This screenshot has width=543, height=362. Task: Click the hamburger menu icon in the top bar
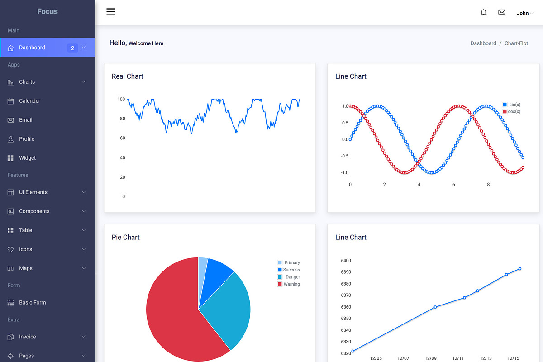(111, 12)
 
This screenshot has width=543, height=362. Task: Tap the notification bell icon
(483, 13)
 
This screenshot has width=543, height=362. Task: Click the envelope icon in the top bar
(502, 13)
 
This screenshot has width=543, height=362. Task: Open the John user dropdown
(525, 13)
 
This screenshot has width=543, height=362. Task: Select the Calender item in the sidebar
(29, 101)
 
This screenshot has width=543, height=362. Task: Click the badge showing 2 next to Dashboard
(72, 48)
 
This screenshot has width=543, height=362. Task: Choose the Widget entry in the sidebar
(27, 158)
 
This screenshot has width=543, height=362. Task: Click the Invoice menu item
(27, 337)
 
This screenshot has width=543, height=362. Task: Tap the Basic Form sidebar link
(32, 303)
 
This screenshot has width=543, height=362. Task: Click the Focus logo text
(48, 11)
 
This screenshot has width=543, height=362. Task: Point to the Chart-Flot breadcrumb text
(516, 43)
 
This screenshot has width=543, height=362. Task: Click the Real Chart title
(128, 76)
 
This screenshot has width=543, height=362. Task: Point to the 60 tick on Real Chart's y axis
(122, 138)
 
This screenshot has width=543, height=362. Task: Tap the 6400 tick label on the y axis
(346, 261)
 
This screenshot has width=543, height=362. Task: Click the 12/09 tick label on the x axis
(430, 358)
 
